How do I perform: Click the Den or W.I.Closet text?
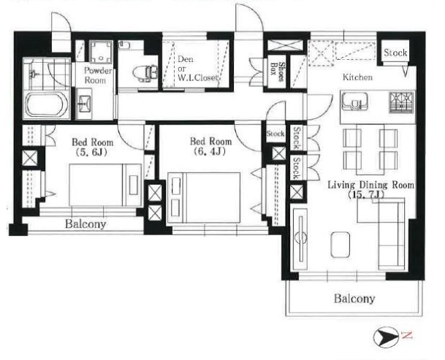click(x=197, y=69)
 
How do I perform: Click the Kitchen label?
click(x=357, y=77)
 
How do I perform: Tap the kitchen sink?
click(x=354, y=102)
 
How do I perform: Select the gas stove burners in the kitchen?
click(x=402, y=102)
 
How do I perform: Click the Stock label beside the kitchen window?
click(x=395, y=53)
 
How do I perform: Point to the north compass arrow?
click(x=386, y=337)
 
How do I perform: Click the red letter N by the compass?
click(x=406, y=336)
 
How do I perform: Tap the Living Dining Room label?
click(x=370, y=185)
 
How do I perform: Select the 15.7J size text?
click(x=366, y=195)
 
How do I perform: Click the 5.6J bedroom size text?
click(x=91, y=153)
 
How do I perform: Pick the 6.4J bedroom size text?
click(x=210, y=151)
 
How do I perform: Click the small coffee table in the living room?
click(x=340, y=245)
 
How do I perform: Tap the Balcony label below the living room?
click(x=354, y=299)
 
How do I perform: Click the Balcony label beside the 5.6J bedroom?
click(x=85, y=224)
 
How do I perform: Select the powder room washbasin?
click(x=84, y=103)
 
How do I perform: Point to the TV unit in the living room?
click(x=300, y=240)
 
